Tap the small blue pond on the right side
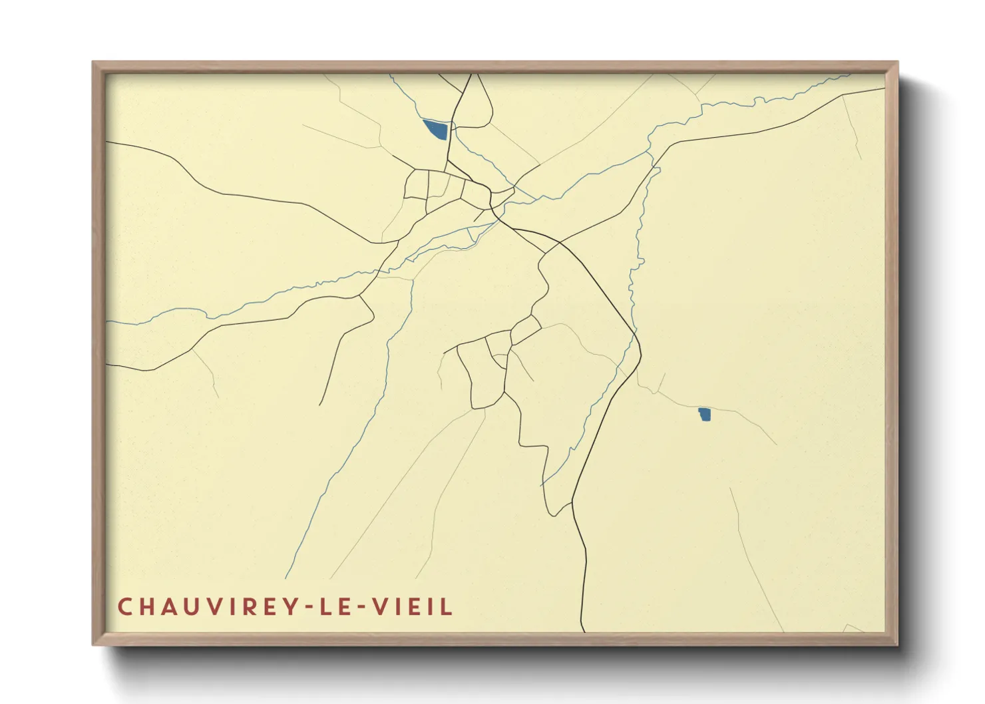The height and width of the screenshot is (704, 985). point(704,414)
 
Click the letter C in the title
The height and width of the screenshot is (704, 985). point(126,607)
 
